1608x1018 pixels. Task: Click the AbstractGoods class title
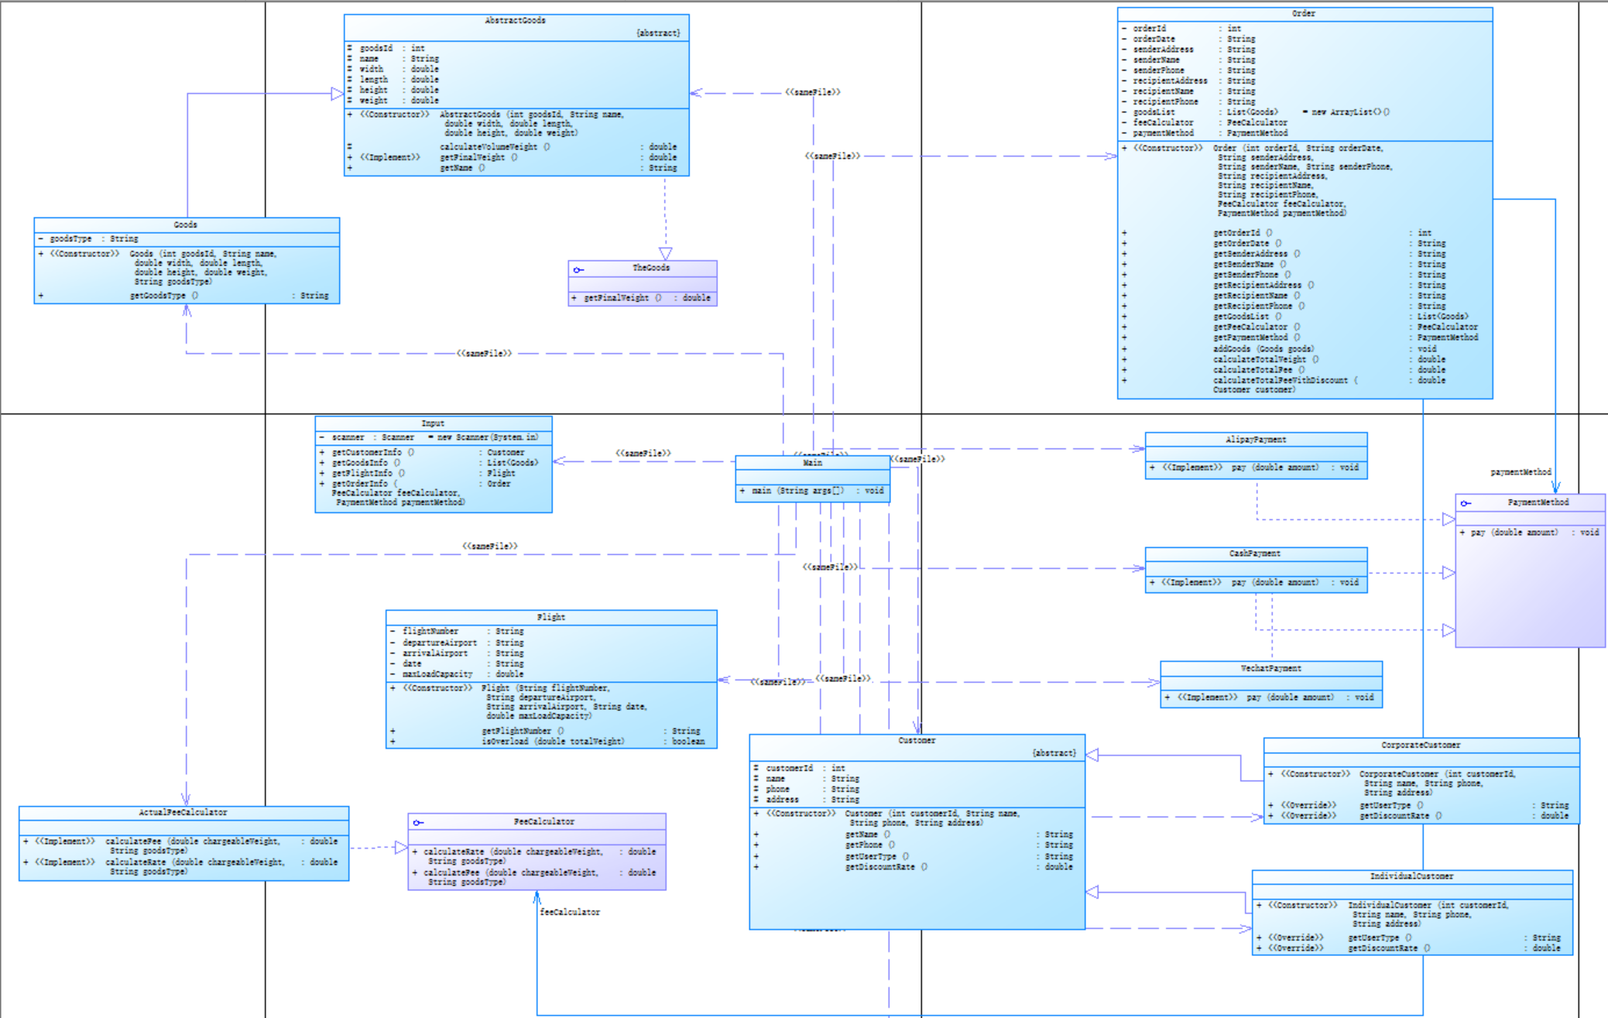[x=515, y=21]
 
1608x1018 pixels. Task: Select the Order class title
[x=1304, y=14]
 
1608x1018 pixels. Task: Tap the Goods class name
[x=185, y=225]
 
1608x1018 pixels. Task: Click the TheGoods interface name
[x=650, y=268]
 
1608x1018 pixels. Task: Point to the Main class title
[x=812, y=463]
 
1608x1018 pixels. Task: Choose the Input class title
[x=433, y=423]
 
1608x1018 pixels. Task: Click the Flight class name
[x=550, y=618]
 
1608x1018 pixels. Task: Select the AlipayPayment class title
[x=1256, y=440]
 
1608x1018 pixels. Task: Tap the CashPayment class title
[x=1255, y=554]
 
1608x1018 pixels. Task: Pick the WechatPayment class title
[x=1270, y=669]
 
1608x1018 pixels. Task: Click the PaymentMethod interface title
[x=1538, y=502]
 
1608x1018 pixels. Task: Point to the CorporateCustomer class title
[x=1421, y=746]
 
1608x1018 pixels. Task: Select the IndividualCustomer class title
[x=1411, y=877]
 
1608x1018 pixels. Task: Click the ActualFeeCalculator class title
[x=183, y=813]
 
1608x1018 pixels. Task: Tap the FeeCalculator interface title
[x=543, y=822]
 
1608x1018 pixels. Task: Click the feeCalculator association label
[x=570, y=913]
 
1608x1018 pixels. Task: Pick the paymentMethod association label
[x=1521, y=472]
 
